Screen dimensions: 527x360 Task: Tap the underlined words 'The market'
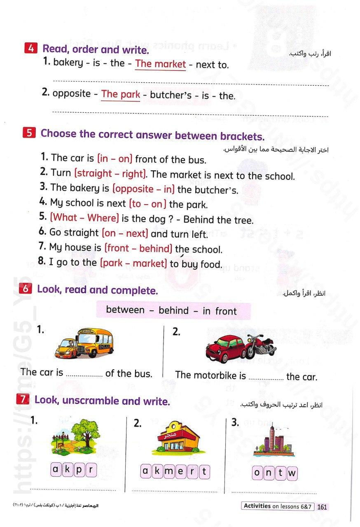[x=160, y=64]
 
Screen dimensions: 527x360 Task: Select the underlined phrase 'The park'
[x=120, y=94]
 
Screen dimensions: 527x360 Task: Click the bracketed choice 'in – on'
[x=114, y=159]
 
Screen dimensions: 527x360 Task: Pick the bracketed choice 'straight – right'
[x=110, y=174]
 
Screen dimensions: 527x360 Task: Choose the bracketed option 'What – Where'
[x=84, y=217]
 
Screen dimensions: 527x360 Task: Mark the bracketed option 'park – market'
[x=133, y=263]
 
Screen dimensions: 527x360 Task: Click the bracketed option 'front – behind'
[x=138, y=248]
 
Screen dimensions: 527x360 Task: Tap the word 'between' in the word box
[x=125, y=310]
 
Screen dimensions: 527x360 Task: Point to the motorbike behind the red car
[x=260, y=345]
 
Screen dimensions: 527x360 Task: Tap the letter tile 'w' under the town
[x=292, y=473]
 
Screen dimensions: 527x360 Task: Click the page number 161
[x=322, y=507]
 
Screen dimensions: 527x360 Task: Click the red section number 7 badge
[x=23, y=399]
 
